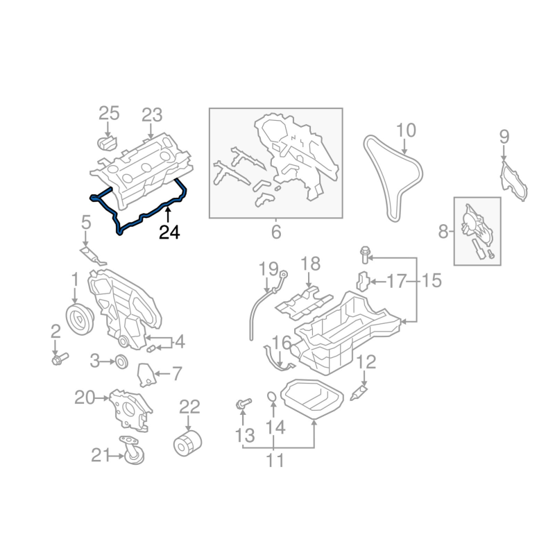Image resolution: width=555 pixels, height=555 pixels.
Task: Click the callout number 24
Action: [x=169, y=233]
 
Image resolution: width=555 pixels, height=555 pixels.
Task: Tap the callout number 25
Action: [x=109, y=113]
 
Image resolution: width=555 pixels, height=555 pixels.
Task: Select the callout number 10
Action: [x=406, y=130]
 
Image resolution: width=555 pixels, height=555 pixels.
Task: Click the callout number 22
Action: [x=189, y=407]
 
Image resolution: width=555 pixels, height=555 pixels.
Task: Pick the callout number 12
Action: [x=366, y=361]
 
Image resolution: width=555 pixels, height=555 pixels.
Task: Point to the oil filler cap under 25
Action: [x=105, y=143]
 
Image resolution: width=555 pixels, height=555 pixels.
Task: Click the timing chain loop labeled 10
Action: [x=393, y=177]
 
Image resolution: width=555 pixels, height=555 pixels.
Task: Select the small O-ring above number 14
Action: [x=273, y=398]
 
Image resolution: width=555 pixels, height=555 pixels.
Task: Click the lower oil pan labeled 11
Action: [x=316, y=400]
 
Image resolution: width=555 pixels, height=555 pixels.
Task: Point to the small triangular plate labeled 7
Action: [x=145, y=375]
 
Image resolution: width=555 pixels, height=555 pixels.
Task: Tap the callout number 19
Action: [x=268, y=268]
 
